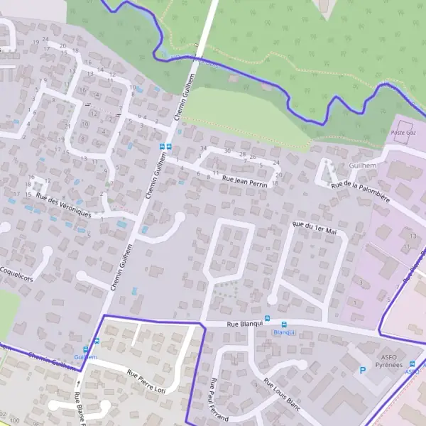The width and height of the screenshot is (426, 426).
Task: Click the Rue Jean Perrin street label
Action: [244, 182]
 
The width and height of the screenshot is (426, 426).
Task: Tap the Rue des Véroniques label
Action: [63, 205]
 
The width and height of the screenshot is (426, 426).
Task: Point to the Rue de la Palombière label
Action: [361, 192]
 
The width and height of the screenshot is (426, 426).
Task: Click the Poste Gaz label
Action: [402, 133]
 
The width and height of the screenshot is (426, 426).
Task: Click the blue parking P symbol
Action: [364, 370]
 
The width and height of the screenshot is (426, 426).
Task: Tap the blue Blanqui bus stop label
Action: [283, 332]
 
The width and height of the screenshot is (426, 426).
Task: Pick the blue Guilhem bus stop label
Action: [85, 357]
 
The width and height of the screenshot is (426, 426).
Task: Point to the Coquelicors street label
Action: [17, 273]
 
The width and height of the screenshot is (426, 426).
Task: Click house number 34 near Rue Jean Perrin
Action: [204, 148]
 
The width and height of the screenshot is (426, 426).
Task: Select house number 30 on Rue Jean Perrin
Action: [227, 151]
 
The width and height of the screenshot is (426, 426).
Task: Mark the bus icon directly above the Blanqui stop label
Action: [283, 324]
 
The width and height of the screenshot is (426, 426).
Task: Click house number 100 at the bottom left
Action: [14, 421]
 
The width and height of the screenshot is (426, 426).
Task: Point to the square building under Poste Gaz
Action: [403, 141]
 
